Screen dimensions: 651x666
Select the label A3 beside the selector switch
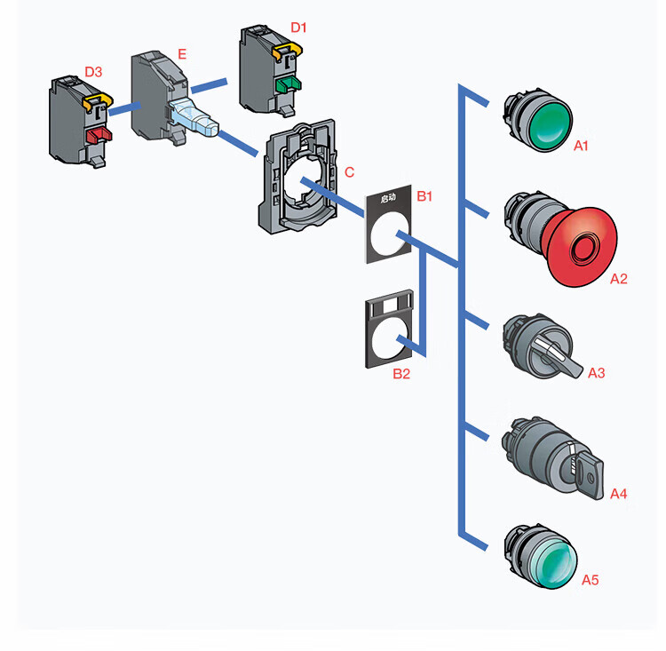pyautogui.click(x=596, y=373)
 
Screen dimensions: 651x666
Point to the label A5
pyautogui.click(x=590, y=580)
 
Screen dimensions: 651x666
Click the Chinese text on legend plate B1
pyautogui.click(x=387, y=199)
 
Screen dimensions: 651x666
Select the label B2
pyautogui.click(x=401, y=374)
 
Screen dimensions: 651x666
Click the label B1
pyautogui.click(x=424, y=195)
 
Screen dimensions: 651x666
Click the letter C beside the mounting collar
pyautogui.click(x=349, y=171)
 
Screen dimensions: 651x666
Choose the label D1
pyautogui.click(x=298, y=28)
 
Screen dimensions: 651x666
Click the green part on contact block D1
pyautogui.click(x=287, y=85)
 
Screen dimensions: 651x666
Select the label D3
pyautogui.click(x=92, y=70)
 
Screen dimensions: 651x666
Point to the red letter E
pyautogui.click(x=181, y=54)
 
